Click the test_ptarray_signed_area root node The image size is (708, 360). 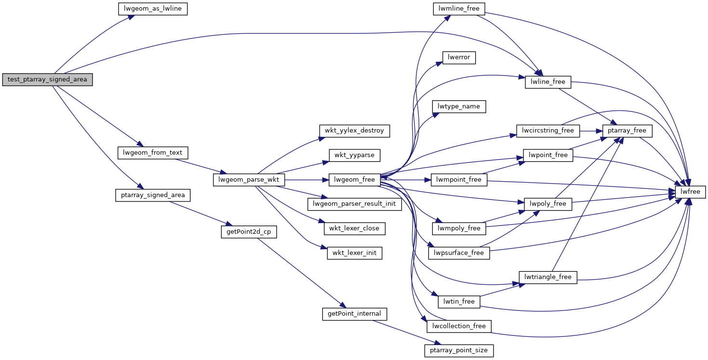[x=47, y=80]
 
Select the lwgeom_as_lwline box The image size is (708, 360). [x=152, y=9]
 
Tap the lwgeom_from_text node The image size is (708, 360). [x=153, y=153]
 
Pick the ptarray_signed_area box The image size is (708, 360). [x=153, y=195]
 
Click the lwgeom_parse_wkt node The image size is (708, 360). [x=249, y=180]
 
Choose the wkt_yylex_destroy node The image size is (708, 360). [x=354, y=131]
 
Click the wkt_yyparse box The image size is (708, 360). [x=354, y=155]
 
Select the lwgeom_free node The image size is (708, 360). [x=354, y=180]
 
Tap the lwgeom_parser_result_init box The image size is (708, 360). [x=354, y=204]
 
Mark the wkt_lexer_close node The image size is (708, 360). [x=354, y=228]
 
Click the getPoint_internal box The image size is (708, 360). [x=354, y=314]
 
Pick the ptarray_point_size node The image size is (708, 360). [x=459, y=350]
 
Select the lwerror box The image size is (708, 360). [x=459, y=58]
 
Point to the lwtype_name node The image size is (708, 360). [x=459, y=107]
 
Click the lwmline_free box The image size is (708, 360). [x=459, y=9]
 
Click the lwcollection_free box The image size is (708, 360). [x=459, y=326]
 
